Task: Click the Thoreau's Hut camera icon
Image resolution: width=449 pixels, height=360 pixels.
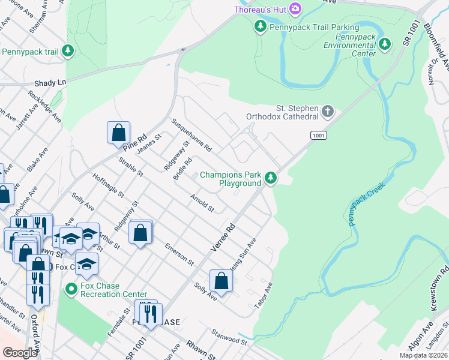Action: pos(295,8)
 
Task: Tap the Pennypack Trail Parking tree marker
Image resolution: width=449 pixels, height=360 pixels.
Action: pos(260,26)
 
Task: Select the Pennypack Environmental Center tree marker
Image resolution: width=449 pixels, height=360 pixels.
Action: pos(385,44)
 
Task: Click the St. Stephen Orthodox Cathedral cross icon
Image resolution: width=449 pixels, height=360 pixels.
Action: pos(328,111)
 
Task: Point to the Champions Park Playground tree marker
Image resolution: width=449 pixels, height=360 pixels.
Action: pos(271,178)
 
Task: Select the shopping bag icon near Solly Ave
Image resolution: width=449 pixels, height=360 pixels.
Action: pos(221,281)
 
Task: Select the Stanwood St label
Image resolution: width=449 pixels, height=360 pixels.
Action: pos(229,337)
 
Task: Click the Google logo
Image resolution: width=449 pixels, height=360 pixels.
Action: pos(20,353)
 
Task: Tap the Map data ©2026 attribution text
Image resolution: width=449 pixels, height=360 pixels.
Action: pos(423,355)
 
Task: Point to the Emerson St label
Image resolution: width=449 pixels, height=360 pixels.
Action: pos(181,254)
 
